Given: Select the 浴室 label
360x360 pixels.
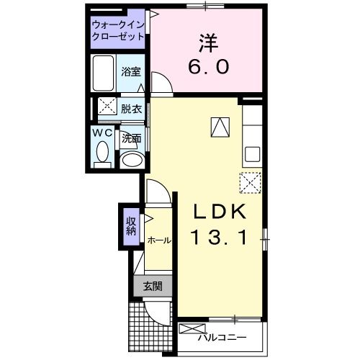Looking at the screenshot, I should coord(130,73).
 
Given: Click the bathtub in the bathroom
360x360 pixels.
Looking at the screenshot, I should coord(104,73).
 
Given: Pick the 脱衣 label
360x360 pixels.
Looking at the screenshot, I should coord(130,109).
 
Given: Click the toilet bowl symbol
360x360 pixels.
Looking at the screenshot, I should coord(103,153).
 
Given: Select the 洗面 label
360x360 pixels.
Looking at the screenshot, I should coord(130,138).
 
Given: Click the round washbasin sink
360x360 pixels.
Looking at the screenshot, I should coord(130,160).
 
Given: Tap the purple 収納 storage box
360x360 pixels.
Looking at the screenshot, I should coord(130,225).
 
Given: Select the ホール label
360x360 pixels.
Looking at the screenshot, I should coord(158,240).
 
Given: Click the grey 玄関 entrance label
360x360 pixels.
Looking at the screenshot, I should coord(151,287).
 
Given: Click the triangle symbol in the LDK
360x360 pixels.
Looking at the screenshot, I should coord(220,127).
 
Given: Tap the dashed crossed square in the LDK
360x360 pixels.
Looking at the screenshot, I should coord(250,182).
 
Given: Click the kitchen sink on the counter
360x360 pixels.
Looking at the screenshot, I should coord(252,154).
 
